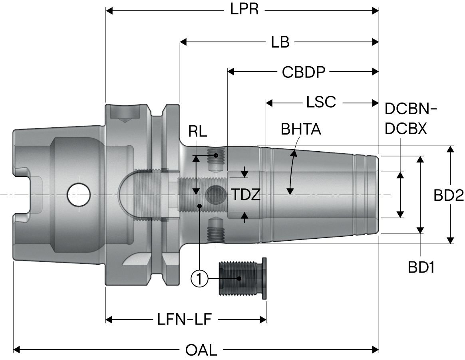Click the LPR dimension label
pyautogui.click(x=244, y=9)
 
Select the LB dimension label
pyautogui.click(x=280, y=42)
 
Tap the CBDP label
pyautogui.click(x=303, y=72)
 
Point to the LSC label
pyautogui.click(x=321, y=102)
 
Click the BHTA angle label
pyautogui.click(x=301, y=129)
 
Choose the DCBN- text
pyautogui.click(x=410, y=109)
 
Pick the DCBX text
pyautogui.click(x=406, y=129)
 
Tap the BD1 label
pyautogui.click(x=421, y=267)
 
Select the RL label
pyautogui.click(x=197, y=132)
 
